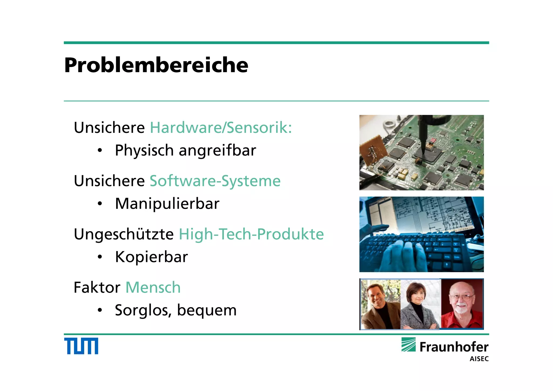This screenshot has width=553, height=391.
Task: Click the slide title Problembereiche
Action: pyautogui.click(x=156, y=65)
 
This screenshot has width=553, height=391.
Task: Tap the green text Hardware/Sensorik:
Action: pyautogui.click(x=221, y=127)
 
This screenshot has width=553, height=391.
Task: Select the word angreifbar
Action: pyautogui.click(x=217, y=150)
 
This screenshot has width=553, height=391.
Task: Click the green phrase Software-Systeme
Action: pyautogui.click(x=215, y=181)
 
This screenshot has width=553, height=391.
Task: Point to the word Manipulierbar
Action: pyautogui.click(x=167, y=204)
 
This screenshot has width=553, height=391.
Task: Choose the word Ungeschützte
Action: pyautogui.click(x=124, y=234)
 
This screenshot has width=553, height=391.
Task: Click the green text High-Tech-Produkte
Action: pyautogui.click(x=251, y=234)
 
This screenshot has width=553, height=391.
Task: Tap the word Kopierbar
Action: pyautogui.click(x=151, y=257)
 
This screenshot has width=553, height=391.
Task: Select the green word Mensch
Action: pyautogui.click(x=153, y=287)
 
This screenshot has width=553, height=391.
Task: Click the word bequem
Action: pyautogui.click(x=207, y=310)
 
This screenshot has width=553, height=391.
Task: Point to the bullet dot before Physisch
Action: pyautogui.click(x=100, y=150)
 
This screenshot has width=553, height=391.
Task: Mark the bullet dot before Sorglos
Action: pyautogui.click(x=100, y=310)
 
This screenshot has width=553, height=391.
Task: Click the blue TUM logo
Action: pyautogui.click(x=81, y=346)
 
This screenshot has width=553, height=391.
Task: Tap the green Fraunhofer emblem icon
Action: pyautogui.click(x=408, y=345)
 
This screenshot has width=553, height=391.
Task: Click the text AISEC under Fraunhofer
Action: pyautogui.click(x=479, y=359)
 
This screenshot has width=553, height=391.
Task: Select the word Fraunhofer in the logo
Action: pyautogui.click(x=454, y=347)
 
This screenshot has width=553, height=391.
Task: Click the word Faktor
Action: pyautogui.click(x=97, y=287)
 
